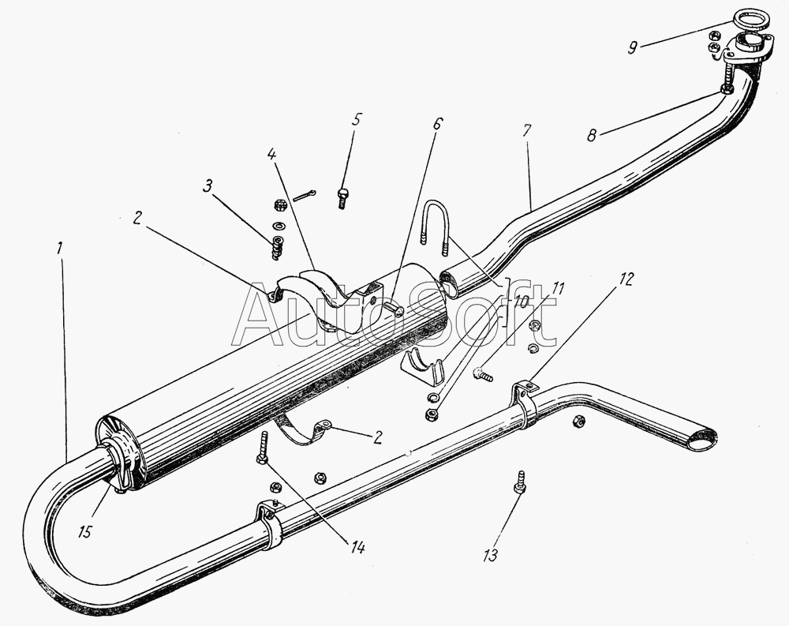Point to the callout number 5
point(357,120)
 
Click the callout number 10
point(522,301)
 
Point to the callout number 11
point(558,289)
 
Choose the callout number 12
point(626,279)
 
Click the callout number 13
point(491,556)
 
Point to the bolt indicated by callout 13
point(521,481)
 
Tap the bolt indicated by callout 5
point(342,197)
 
